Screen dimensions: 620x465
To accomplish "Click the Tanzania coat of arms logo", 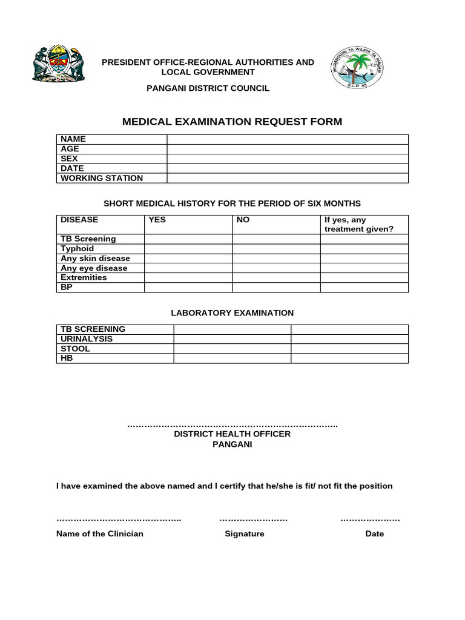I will (58, 64).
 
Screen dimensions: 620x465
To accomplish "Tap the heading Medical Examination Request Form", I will (232, 122).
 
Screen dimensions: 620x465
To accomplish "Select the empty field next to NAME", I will (288, 139).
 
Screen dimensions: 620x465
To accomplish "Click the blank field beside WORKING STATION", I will (288, 178).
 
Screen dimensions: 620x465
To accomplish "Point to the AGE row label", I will (70, 149).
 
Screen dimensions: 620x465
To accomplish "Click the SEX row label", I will (69, 159).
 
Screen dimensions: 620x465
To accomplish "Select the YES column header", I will (157, 220).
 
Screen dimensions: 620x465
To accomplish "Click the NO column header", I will (243, 220).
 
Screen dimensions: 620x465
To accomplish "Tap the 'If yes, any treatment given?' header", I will (358, 225).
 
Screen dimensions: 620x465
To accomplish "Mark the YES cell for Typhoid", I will (188, 249).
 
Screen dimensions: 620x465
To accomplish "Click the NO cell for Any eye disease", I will (276, 268).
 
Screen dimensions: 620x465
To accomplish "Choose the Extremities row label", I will (84, 278).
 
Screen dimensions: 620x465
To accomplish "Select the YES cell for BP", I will (188, 288).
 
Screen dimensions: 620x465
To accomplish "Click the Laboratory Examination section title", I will (232, 313).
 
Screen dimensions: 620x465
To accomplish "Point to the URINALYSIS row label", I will (87, 339).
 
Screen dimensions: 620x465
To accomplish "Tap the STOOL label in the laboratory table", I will (75, 349).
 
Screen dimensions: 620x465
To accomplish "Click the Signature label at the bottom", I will (244, 534).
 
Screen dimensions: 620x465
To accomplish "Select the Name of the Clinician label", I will (100, 534).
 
